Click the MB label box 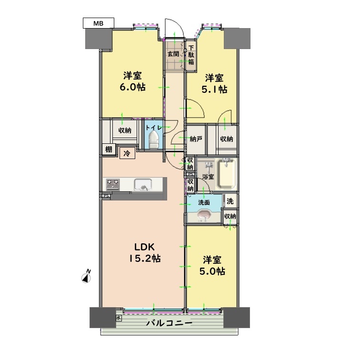[x=98, y=23]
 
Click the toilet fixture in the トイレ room [x=154, y=139]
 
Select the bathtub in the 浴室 [x=226, y=173]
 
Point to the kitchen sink [x=143, y=184]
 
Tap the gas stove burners [x=113, y=184]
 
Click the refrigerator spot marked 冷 [x=127, y=153]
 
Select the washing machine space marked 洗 [x=230, y=201]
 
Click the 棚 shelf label [x=109, y=149]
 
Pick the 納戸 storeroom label [x=196, y=139]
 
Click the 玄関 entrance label [x=173, y=54]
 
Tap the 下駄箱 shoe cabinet [x=191, y=55]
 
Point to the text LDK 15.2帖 [x=144, y=253]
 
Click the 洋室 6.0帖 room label [x=132, y=81]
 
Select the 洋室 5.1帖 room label [x=214, y=83]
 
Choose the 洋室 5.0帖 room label [x=212, y=266]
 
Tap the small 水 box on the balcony [x=119, y=318]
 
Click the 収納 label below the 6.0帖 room [x=125, y=130]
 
